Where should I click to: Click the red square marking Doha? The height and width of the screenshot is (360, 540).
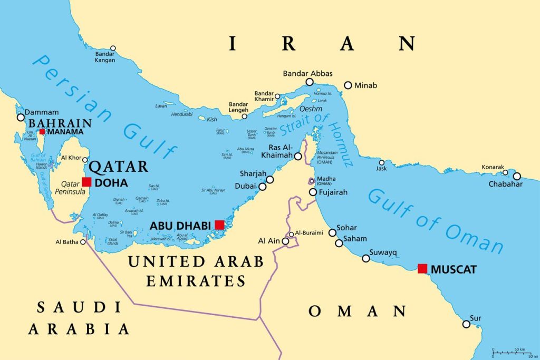[86, 182]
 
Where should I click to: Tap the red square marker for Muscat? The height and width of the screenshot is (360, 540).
[422, 268]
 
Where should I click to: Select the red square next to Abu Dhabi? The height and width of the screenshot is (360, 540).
[219, 225]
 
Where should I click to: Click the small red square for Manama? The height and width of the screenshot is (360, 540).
[42, 131]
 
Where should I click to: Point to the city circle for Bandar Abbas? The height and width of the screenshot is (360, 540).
[310, 82]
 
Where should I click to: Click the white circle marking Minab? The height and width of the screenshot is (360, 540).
[348, 85]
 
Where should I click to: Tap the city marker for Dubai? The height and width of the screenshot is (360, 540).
[262, 186]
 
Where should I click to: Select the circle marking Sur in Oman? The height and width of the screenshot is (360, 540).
[466, 324]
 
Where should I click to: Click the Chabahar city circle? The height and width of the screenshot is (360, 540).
[517, 176]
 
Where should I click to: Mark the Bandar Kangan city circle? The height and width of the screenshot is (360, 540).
[112, 48]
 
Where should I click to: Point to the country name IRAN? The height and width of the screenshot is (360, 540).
[322, 44]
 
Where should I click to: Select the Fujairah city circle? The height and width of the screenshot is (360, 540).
[313, 192]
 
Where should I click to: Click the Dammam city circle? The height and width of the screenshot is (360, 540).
[21, 117]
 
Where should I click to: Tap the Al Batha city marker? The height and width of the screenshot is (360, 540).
[83, 242]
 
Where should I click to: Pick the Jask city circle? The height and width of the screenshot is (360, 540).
[381, 162]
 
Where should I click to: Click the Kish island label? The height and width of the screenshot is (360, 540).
[211, 120]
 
